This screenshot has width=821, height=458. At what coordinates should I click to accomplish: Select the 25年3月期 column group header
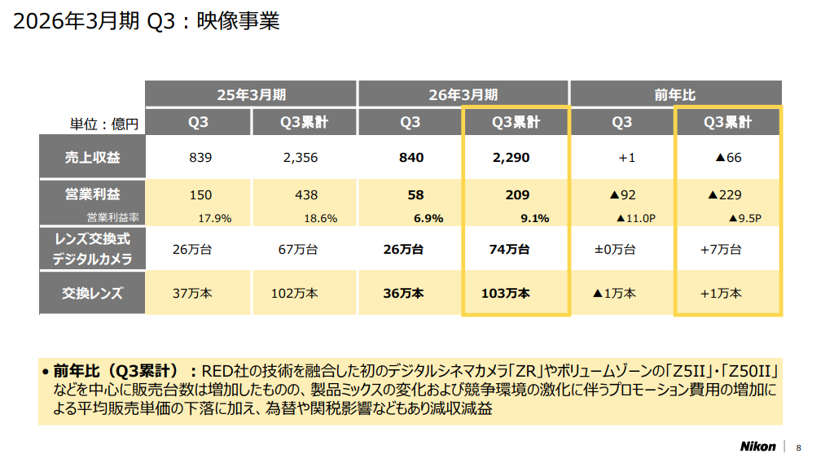click(251, 94)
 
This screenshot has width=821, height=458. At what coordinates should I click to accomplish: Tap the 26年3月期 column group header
click(463, 94)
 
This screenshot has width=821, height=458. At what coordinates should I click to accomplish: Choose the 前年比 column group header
click(675, 94)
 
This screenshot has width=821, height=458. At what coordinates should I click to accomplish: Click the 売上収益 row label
click(92, 157)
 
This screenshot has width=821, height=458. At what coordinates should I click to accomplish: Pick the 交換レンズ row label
click(92, 293)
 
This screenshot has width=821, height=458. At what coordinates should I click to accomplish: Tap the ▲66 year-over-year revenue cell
click(728, 157)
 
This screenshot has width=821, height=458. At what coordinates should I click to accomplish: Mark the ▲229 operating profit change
click(728, 195)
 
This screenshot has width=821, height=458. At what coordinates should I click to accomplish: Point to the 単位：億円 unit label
click(104, 124)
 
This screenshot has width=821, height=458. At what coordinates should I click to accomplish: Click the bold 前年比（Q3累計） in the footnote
click(125, 370)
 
